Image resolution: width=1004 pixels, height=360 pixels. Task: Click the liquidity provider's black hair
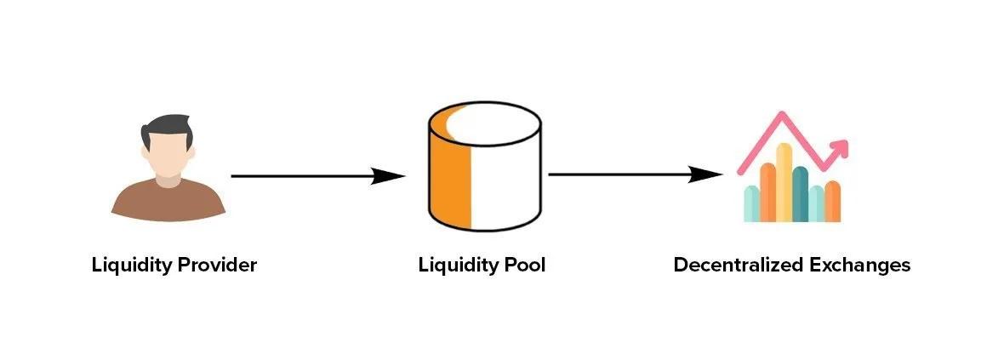(x=168, y=128)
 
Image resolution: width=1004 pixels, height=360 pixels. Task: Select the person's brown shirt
(x=168, y=200)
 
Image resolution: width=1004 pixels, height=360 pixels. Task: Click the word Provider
(x=216, y=265)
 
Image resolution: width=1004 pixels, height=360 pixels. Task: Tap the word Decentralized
(x=734, y=265)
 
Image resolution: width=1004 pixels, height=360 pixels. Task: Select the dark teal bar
(x=800, y=193)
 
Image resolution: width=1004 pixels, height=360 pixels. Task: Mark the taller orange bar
(x=767, y=191)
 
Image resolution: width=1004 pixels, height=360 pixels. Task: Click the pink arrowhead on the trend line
(x=840, y=148)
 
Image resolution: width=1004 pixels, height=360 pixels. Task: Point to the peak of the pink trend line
(x=781, y=116)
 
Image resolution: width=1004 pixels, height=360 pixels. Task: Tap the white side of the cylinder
(x=506, y=187)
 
